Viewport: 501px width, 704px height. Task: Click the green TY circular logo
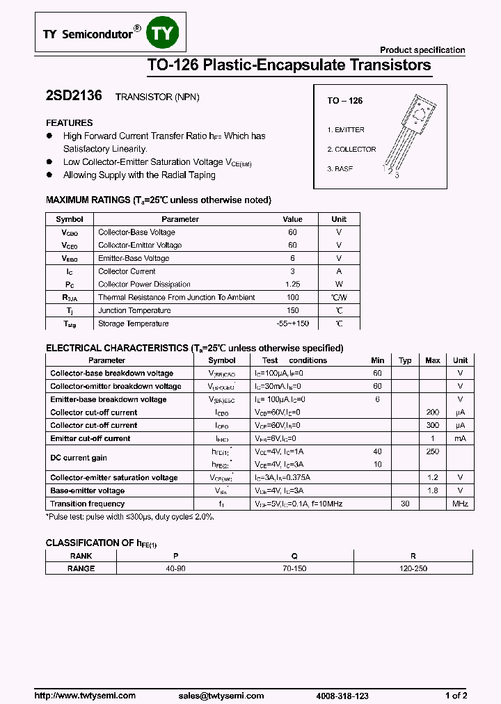(x=164, y=33)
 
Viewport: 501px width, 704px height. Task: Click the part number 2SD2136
(x=74, y=97)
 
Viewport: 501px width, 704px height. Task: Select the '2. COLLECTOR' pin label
(x=351, y=150)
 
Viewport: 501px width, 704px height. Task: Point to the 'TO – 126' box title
(x=345, y=101)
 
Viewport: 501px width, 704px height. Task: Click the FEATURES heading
(x=70, y=122)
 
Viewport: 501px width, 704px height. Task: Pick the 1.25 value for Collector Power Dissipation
(x=292, y=285)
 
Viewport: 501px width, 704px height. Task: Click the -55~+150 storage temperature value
(x=292, y=324)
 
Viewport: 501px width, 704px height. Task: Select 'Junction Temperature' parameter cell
(x=134, y=311)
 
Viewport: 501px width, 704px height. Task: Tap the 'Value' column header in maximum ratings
(x=292, y=219)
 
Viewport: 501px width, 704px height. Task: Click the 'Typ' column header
(x=405, y=360)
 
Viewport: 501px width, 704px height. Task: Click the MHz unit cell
(x=460, y=504)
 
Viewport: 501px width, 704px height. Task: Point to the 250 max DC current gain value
(x=432, y=451)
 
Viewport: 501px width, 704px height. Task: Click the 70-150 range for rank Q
(x=294, y=568)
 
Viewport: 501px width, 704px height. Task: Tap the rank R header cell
(x=413, y=556)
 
